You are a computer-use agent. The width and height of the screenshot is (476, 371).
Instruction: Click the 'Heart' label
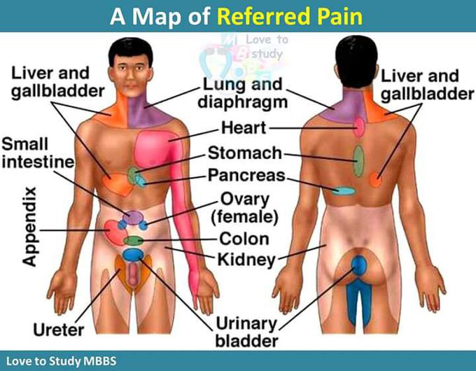[x=244, y=127]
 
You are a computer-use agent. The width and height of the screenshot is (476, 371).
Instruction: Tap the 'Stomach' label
[x=245, y=153]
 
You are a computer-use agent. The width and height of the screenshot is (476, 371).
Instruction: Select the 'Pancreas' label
[x=247, y=175]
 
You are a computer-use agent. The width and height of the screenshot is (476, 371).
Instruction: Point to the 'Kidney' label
[x=246, y=260]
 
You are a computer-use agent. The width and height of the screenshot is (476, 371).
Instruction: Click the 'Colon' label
[x=244, y=239]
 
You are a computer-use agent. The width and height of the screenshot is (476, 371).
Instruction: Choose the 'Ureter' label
[x=59, y=330]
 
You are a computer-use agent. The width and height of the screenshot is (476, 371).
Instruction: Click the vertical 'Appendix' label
[x=29, y=227]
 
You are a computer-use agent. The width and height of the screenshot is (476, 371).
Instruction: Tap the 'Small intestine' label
[x=38, y=153]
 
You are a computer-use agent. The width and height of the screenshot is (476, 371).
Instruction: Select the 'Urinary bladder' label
[x=246, y=332]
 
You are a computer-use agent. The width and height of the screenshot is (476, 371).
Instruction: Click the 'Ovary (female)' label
[x=245, y=209]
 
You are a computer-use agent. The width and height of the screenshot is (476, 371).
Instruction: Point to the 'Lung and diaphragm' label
[x=243, y=93]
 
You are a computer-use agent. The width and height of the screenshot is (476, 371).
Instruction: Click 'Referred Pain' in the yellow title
[x=290, y=16]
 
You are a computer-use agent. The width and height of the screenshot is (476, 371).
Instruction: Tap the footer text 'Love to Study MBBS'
[x=62, y=361]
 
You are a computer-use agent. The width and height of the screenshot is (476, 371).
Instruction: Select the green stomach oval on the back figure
[x=358, y=161]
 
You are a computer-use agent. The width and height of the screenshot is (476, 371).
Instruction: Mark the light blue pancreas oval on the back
[x=343, y=190]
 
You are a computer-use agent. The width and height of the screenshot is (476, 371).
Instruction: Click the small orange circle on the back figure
[x=375, y=180]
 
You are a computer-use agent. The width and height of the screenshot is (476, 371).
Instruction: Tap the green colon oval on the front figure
[x=133, y=241]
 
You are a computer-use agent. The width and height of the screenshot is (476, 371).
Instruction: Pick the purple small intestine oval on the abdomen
[x=133, y=218]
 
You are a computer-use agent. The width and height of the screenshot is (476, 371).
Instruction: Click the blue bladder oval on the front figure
[x=132, y=254]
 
